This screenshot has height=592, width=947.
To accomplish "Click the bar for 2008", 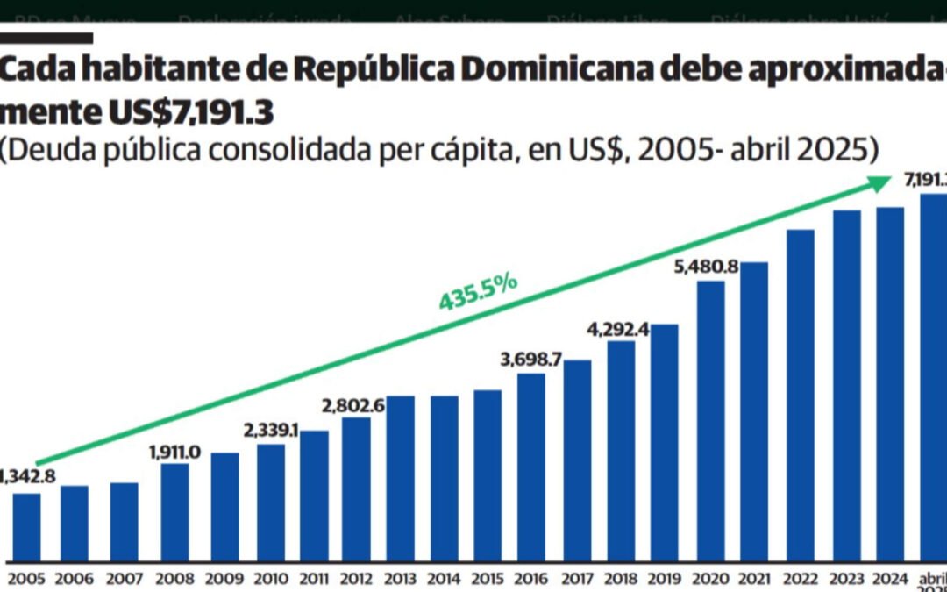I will pos(174,512).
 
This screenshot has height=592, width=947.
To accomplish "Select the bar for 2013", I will pos(400,478).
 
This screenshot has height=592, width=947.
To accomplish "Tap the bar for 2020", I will pos(710,421).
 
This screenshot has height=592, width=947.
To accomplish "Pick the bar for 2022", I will pos(801,395).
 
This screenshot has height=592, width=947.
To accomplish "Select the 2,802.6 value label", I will pos(354,405).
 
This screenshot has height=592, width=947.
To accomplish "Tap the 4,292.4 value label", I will pos(619,330).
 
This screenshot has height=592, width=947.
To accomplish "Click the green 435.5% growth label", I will pos(479,290).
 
